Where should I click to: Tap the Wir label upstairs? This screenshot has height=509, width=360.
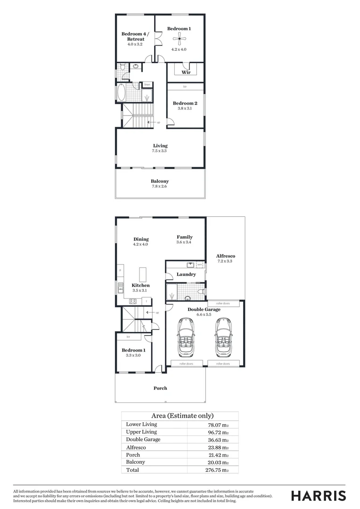[186, 72]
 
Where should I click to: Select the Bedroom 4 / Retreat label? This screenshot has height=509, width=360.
[135, 36]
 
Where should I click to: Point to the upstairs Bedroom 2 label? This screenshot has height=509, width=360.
[185, 103]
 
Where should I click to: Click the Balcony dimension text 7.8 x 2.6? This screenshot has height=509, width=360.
[160, 187]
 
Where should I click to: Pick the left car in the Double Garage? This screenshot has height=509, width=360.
[185, 337]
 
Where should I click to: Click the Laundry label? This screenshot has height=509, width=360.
[186, 274]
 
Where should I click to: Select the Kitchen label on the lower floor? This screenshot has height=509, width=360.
[140, 285]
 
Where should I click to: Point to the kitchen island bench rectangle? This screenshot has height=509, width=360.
[143, 274]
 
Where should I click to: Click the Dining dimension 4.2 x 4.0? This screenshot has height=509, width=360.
[140, 244]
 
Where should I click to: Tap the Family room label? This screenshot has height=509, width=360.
[185, 237]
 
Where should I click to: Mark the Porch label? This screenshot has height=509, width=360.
[160, 388]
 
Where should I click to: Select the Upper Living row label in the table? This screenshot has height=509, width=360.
[141, 432]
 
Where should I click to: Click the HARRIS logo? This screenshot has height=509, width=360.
[318, 496]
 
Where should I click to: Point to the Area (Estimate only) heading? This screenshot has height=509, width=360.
[182, 416]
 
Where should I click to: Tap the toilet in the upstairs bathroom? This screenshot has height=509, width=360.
[122, 68]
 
